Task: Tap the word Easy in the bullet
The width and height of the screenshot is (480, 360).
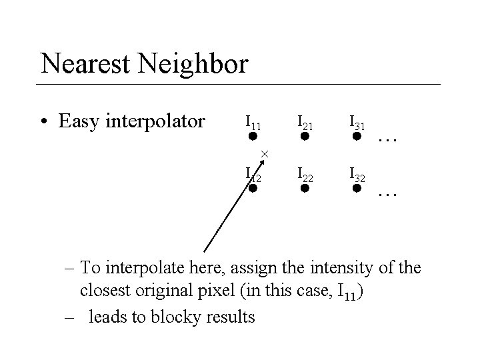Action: point(79,121)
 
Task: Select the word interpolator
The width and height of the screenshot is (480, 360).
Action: point(156,122)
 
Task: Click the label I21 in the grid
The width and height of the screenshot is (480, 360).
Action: point(305,121)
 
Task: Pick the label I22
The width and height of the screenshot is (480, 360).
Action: point(305,174)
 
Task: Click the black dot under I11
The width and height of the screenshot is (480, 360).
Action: point(253,137)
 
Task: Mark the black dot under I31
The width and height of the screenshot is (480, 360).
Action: point(357,137)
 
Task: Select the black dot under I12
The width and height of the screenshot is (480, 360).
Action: point(253,189)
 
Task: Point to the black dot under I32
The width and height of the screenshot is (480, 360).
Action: point(357,189)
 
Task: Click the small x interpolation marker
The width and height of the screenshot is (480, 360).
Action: point(264,154)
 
